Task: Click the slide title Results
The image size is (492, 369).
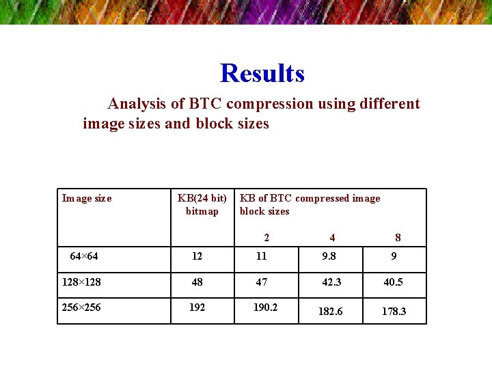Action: [262, 73]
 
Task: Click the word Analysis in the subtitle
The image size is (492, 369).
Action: [137, 104]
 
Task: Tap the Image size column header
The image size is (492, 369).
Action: [87, 198]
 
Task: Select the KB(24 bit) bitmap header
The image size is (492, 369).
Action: [202, 204]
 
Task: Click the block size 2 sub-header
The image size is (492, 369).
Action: [266, 238]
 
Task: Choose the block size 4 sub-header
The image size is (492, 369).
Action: [332, 238]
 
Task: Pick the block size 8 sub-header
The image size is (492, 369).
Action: [398, 238]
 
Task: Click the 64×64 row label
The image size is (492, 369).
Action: [84, 256]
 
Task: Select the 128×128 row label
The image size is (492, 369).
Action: [81, 282]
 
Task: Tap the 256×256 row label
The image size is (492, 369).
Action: [81, 307]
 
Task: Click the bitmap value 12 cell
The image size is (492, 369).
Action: [197, 256]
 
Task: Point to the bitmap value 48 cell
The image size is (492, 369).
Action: [197, 282]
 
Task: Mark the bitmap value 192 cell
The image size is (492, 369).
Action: [197, 307]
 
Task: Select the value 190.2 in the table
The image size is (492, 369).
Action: [265, 307]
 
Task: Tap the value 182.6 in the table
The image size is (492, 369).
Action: [331, 311]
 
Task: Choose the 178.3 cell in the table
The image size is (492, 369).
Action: [394, 311]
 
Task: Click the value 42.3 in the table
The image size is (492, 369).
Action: [331, 282]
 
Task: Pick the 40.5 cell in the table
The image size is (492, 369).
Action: [393, 282]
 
